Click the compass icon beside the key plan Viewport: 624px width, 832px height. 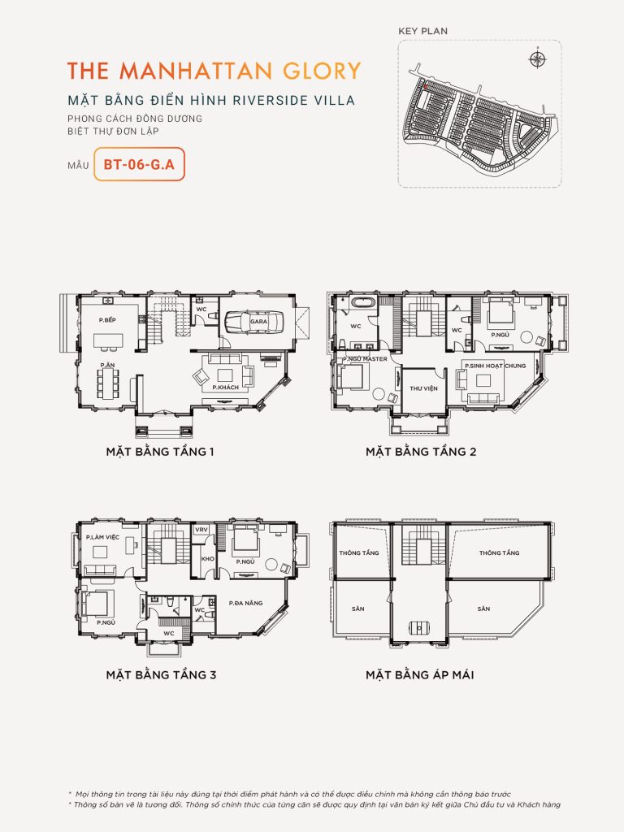coord(536,58)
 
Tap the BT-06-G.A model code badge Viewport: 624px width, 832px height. coord(139,163)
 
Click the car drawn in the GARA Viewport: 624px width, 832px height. coord(253,322)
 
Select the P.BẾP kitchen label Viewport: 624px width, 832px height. coord(106,320)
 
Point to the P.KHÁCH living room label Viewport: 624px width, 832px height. coord(225,388)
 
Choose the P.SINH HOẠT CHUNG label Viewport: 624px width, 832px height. coord(496,366)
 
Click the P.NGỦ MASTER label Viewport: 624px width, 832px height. coord(365,358)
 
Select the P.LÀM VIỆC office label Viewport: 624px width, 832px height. coord(104,537)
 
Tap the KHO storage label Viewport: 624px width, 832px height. coord(206,560)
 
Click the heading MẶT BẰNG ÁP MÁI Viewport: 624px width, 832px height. coord(419,674)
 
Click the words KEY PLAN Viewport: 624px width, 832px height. coord(422,31)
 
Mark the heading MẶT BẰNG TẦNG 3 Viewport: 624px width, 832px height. coord(160,674)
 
